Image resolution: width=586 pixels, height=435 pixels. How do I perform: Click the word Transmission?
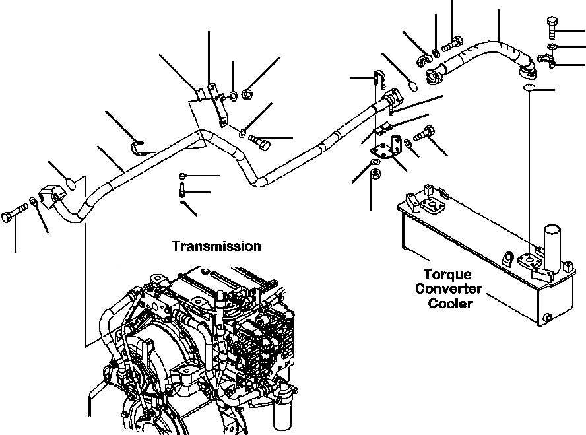[x=216, y=246]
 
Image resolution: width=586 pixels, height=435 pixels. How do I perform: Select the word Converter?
[x=454, y=288]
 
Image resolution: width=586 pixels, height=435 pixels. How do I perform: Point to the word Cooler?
[x=451, y=304]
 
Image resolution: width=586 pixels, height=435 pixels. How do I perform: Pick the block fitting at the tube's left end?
[x=51, y=195]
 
